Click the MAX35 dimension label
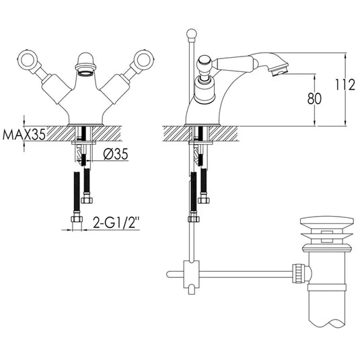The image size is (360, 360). (x=24, y=134)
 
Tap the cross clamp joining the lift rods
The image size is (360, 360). (x=192, y=273)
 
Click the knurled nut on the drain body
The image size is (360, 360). (x=295, y=273)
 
